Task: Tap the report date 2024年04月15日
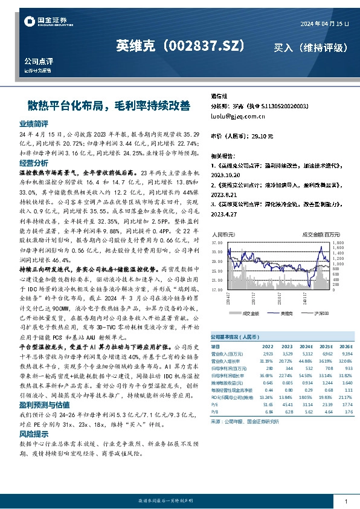325,23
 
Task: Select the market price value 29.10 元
262,136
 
